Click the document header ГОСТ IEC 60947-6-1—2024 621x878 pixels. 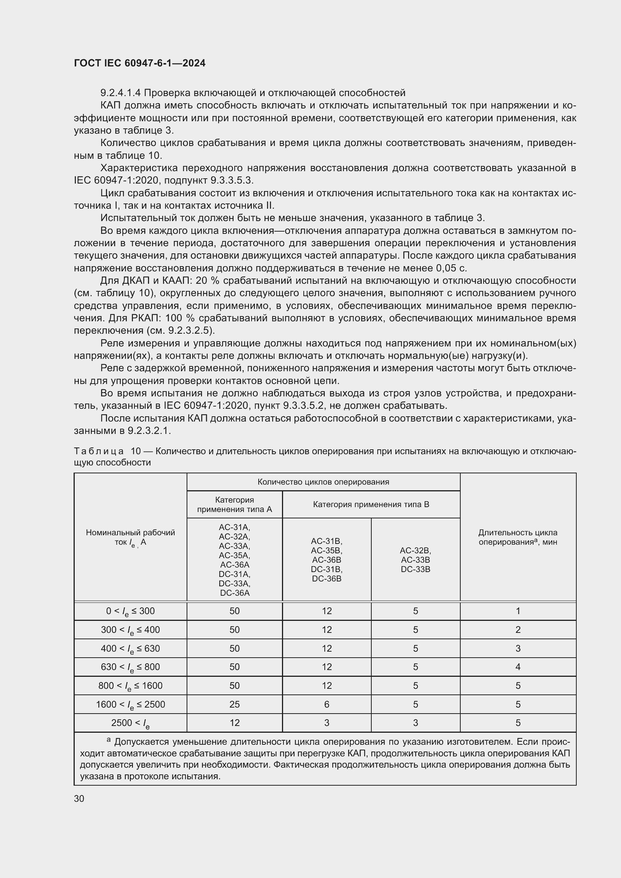[140, 63]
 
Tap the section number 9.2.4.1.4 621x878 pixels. [121, 93]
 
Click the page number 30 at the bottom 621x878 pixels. [79, 798]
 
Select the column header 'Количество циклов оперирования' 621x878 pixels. [323, 482]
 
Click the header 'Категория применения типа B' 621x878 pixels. [371, 505]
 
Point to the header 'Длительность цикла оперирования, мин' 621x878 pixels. [518, 537]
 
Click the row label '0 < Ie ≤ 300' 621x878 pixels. [130, 611]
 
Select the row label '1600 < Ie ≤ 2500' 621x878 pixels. [130, 704]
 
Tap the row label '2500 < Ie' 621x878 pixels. [130, 723]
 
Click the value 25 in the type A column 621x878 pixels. [234, 704]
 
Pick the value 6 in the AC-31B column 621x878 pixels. [327, 704]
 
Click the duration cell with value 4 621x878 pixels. [518, 667]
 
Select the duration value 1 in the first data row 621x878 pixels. [518, 611]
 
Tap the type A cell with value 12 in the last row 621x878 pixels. [234, 723]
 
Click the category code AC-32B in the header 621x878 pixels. [415, 551]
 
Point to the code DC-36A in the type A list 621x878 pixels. [235, 593]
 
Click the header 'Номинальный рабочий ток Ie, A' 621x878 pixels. [130, 537]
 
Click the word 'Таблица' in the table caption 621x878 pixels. [99, 451]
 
